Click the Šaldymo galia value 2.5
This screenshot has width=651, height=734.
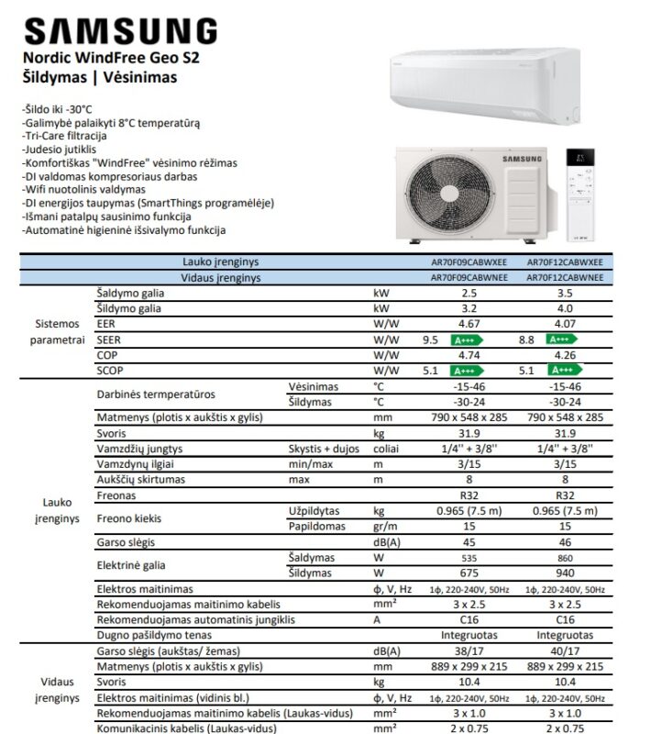coord(469,294)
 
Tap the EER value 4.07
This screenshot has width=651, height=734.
coord(565,324)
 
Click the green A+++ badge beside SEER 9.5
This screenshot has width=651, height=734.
coord(462,339)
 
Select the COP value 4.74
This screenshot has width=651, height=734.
coord(469,355)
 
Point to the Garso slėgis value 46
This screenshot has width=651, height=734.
coord(565,542)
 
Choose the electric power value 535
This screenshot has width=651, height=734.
coord(469,558)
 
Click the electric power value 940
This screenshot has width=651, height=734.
coord(565,573)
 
